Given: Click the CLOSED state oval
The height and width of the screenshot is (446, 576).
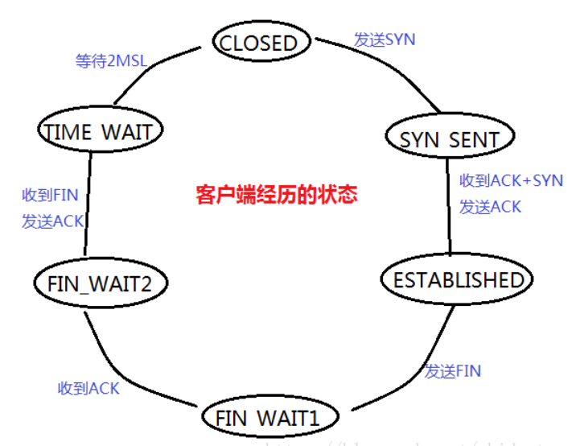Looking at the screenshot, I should (259, 42).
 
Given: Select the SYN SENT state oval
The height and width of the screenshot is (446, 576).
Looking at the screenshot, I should (450, 138).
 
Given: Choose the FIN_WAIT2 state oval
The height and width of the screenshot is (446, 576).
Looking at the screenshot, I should (100, 283).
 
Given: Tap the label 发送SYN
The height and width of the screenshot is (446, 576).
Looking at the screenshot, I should (385, 39).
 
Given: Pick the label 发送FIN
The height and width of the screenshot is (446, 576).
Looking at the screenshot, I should (452, 371).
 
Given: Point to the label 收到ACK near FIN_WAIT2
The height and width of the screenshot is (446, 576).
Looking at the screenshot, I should (88, 388).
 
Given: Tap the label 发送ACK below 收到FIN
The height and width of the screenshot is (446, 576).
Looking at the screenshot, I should (53, 221).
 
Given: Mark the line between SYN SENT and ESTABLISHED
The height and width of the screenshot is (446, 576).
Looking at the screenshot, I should (449, 209).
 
